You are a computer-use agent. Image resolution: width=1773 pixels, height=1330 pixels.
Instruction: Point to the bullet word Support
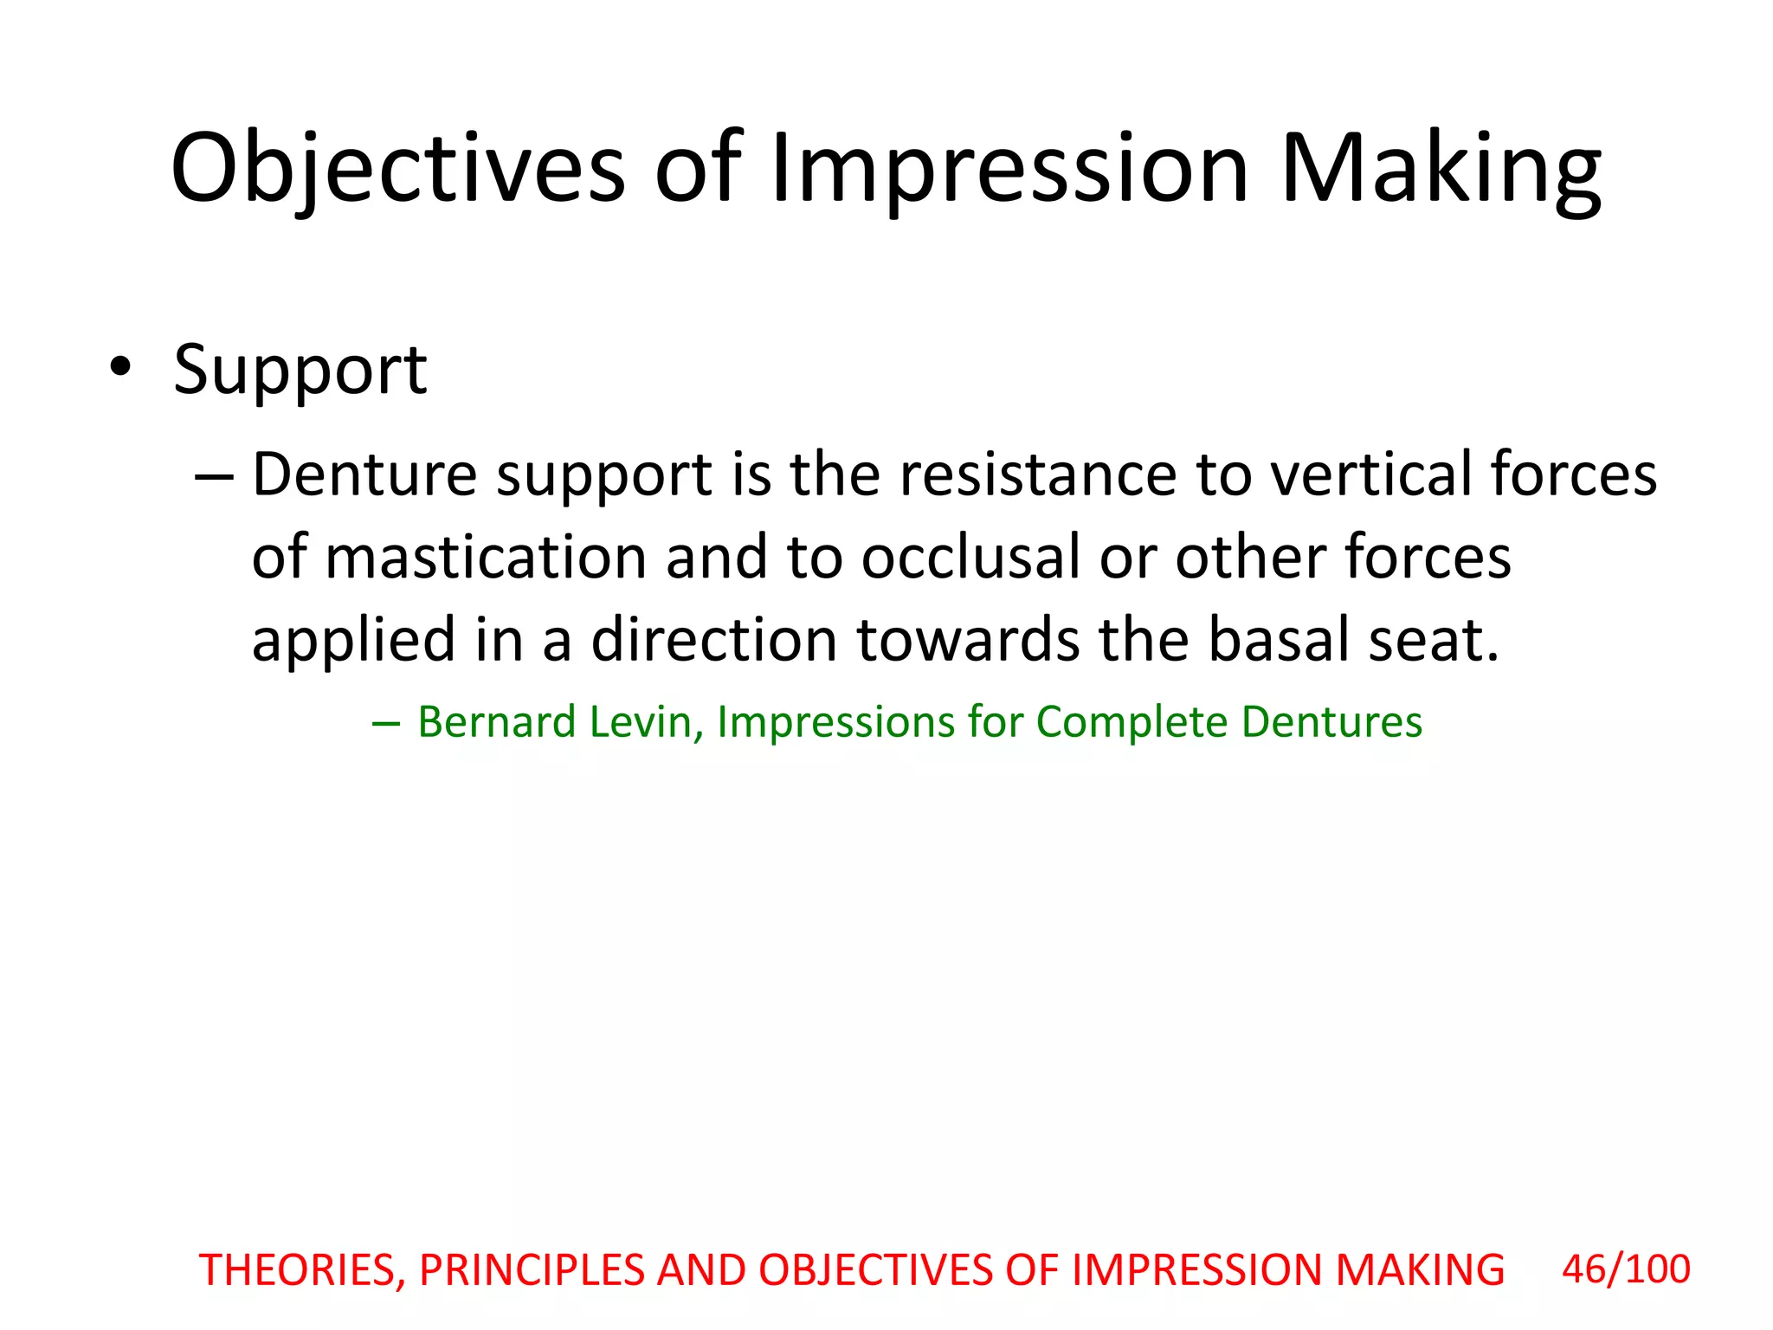(300, 371)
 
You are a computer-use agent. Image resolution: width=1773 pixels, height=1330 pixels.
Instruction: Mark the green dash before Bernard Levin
(386, 723)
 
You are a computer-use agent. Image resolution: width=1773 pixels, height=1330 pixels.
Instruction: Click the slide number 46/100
(1625, 1269)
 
